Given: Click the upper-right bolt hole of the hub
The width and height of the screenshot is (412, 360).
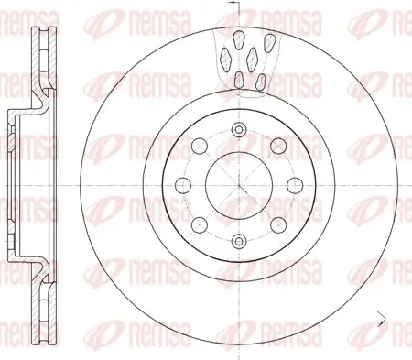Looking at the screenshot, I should click(x=276, y=142).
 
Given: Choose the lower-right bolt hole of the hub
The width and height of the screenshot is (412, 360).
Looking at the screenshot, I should click(x=276, y=224).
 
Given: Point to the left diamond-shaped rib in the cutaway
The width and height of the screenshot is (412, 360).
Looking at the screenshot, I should click(x=225, y=59).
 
